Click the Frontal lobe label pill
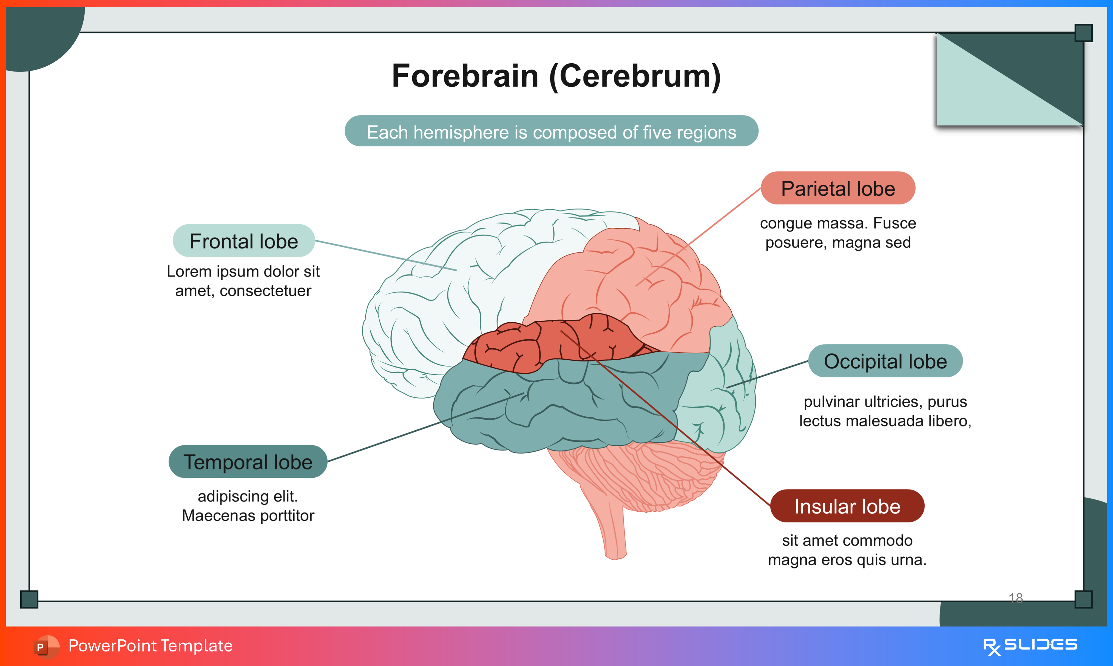pos(244,241)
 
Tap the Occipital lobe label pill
pos(885,361)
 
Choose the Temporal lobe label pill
pos(248,462)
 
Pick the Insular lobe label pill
pos(847,506)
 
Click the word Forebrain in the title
pos(465,76)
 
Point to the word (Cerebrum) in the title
pos(635,76)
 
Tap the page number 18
pos(1016,597)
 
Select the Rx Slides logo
pos(1030,646)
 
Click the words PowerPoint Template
pos(150,646)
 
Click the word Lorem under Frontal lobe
pos(189,272)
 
